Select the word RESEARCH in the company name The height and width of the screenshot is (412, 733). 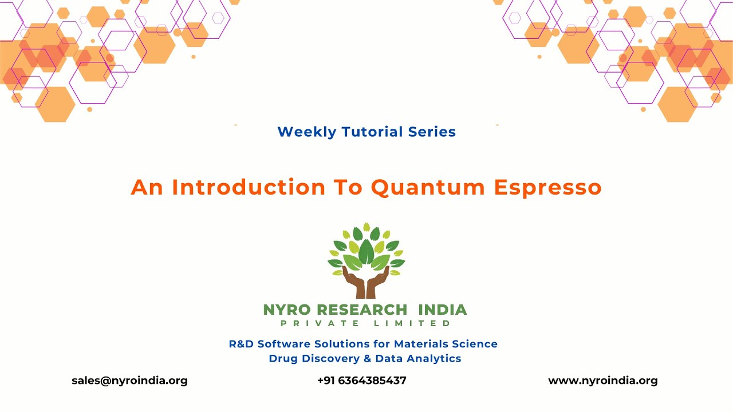pyautogui.click(x=362, y=310)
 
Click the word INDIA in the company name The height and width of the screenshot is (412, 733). pyautogui.click(x=443, y=310)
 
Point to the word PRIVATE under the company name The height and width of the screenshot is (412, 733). pyautogui.click(x=321, y=324)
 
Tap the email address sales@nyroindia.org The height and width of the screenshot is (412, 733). pyautogui.click(x=129, y=381)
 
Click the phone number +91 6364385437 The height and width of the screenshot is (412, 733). pyautogui.click(x=362, y=381)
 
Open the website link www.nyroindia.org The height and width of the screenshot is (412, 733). pyautogui.click(x=603, y=381)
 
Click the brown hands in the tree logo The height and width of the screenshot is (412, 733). pyautogui.click(x=366, y=283)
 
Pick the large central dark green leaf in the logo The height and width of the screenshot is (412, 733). pyautogui.click(x=366, y=252)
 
